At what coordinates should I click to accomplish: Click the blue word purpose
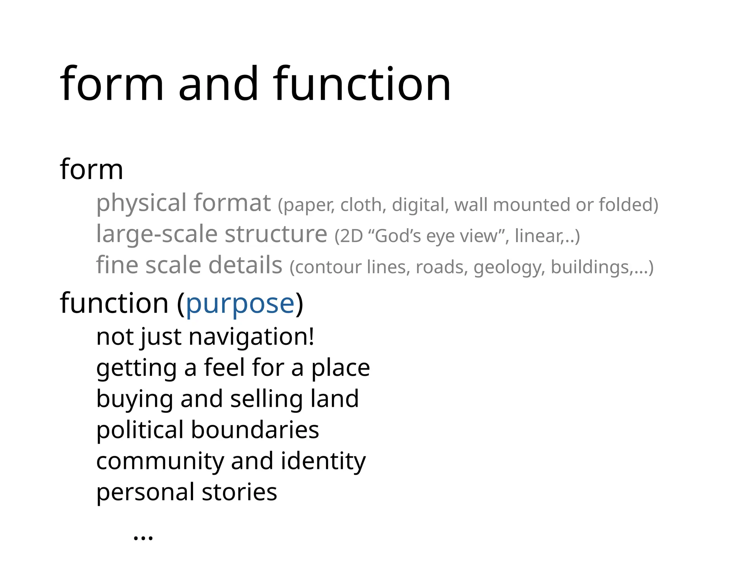[x=240, y=304]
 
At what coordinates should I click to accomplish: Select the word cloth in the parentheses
[x=363, y=205]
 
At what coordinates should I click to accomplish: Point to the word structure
[x=276, y=234]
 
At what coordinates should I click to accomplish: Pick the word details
[x=245, y=265]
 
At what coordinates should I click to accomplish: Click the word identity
[x=323, y=461]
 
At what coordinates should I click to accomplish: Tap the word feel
[x=225, y=368]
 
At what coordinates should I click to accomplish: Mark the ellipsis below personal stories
[x=143, y=537]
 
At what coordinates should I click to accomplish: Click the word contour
[x=328, y=267]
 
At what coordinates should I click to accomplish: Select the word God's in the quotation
[x=399, y=236]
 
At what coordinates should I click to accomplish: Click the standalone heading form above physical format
[x=91, y=169]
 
